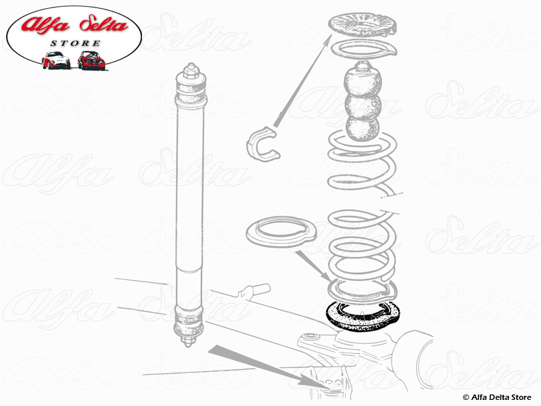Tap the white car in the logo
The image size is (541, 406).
coord(55,61)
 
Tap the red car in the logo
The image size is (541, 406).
coord(90,61)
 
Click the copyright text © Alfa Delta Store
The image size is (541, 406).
coord(498,397)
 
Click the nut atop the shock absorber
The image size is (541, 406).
coord(191,70)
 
